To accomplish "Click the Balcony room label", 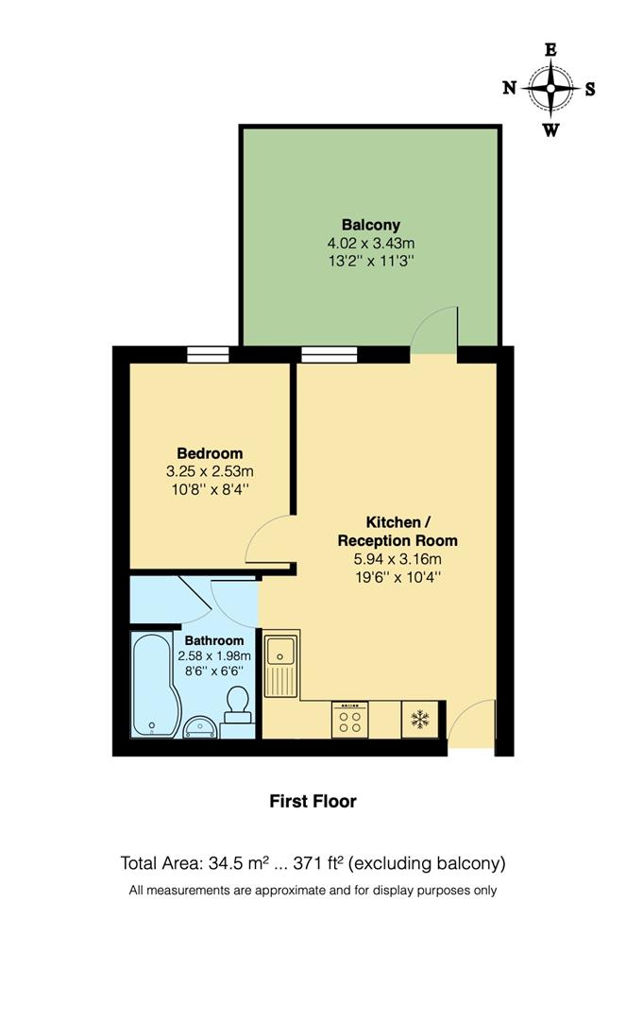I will click(371, 225).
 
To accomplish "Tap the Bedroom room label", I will click(210, 453).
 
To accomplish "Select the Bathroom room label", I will click(213, 640).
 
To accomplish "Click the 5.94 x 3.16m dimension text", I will click(398, 558).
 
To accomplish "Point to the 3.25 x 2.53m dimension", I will click(210, 470).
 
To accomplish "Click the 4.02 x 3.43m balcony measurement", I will click(371, 243).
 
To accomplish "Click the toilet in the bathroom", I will click(238, 704).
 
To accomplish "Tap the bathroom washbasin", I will click(199, 726).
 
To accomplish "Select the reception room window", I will click(329, 355).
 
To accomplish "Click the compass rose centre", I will click(550, 89).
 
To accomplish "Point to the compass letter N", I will click(509, 89).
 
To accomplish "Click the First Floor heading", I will click(313, 801).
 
